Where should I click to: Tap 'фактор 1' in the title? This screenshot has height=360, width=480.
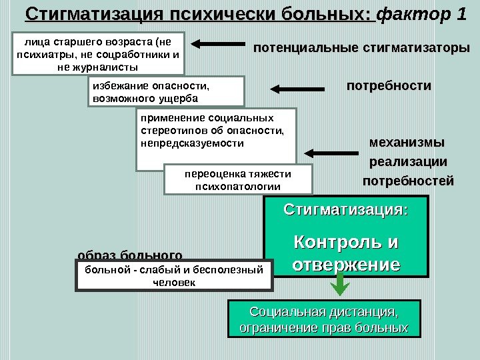pos(422,14)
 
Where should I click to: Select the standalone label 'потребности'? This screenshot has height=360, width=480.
pos(389,86)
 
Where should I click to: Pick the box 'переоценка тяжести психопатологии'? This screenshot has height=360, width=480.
pos(237,179)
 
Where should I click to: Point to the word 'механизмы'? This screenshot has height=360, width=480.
pos(406,143)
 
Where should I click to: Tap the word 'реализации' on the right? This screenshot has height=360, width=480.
pos(408,162)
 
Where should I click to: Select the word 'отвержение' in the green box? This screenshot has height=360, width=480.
pos(346,264)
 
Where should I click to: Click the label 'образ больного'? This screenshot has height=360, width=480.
pos(130,255)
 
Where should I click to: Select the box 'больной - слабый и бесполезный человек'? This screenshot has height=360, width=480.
pos(175,276)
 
